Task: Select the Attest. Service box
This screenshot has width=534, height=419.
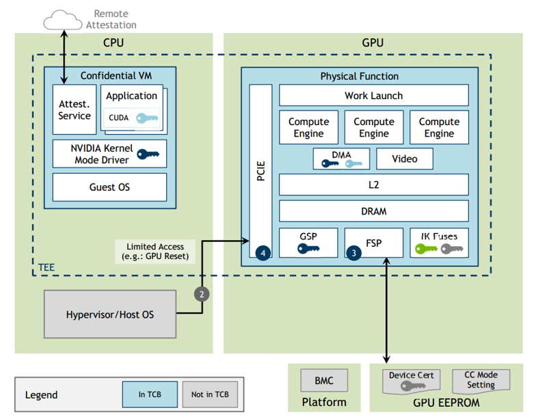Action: tap(75, 110)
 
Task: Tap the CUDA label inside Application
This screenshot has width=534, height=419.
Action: tap(118, 118)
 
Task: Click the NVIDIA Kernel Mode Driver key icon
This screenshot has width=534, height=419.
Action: tap(147, 154)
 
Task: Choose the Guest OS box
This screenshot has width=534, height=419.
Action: tap(109, 187)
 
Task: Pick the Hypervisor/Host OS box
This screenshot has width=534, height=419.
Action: tap(109, 314)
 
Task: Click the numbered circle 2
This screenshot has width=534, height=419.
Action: tap(202, 295)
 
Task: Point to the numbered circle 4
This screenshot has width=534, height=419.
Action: tap(263, 253)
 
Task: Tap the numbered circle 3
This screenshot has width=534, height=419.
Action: tap(353, 252)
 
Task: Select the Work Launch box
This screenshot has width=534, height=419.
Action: tap(373, 96)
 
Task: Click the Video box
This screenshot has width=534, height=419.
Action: tap(404, 159)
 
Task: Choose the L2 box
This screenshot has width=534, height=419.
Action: tap(373, 185)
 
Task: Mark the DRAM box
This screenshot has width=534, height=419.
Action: tap(373, 211)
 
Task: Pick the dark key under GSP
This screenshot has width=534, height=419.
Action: tap(308, 249)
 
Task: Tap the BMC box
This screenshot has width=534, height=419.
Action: tap(324, 381)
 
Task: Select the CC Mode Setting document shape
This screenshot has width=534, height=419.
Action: tap(481, 381)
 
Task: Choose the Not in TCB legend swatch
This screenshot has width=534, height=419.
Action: tap(209, 394)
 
